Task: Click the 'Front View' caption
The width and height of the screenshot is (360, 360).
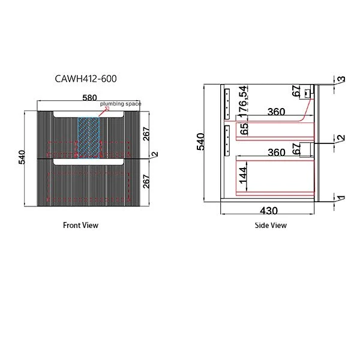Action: point(80,226)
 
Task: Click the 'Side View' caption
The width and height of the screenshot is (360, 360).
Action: point(271,226)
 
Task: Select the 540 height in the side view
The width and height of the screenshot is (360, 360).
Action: point(201,142)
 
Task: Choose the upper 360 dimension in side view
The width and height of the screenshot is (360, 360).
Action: point(276,112)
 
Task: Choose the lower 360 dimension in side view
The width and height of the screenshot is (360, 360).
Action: point(276,152)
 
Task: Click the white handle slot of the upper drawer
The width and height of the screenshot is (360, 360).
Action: point(89,115)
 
